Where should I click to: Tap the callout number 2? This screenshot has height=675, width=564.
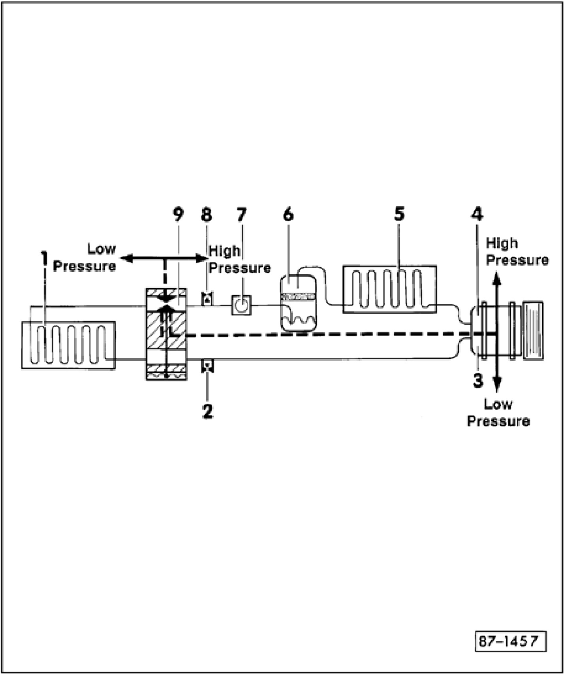(208, 411)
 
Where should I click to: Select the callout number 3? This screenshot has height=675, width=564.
(478, 381)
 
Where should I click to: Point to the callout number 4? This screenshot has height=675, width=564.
(477, 215)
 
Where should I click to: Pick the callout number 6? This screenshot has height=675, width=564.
(289, 215)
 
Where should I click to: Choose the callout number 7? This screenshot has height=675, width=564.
(241, 215)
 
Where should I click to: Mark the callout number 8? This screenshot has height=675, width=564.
(207, 215)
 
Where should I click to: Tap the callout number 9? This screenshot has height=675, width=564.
(179, 215)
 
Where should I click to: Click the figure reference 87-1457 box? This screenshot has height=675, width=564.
(510, 641)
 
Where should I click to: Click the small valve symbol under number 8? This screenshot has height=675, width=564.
(207, 298)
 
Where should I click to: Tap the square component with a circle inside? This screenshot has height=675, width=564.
(241, 305)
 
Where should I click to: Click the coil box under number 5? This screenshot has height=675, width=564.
(389, 289)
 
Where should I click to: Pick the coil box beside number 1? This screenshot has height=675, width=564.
(68, 345)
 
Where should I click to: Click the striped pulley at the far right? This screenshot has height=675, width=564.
(533, 330)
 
